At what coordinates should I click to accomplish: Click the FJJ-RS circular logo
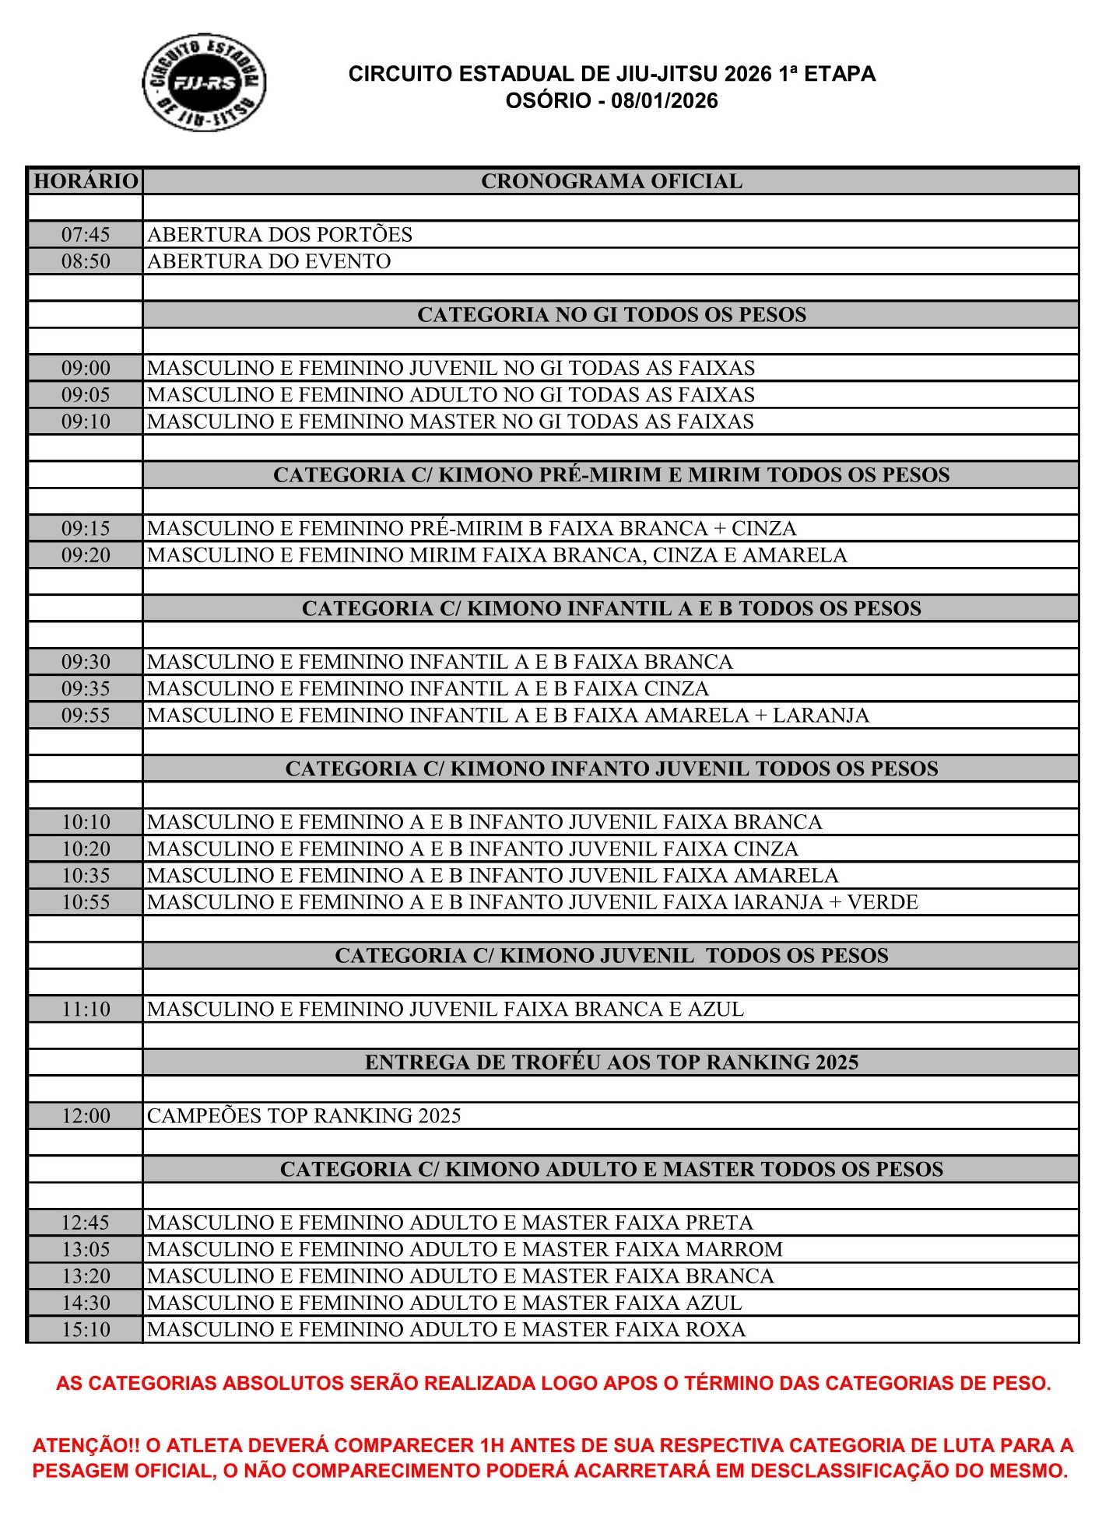point(205,82)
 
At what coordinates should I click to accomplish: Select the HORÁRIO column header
point(86,181)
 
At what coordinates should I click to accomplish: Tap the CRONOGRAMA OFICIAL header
point(611,181)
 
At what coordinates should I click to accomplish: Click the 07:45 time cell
point(86,234)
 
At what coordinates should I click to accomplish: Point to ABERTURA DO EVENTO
point(269,261)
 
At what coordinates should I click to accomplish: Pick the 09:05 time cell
point(86,395)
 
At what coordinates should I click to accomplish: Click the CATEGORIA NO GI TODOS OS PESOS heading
point(611,314)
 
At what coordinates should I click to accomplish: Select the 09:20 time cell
point(86,555)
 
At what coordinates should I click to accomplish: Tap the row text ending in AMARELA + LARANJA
point(508,716)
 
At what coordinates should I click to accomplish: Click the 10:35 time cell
point(86,876)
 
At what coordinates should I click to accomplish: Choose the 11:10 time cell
point(86,1010)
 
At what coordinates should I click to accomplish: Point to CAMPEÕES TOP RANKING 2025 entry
point(304,1116)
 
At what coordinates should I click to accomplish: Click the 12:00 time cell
point(86,1116)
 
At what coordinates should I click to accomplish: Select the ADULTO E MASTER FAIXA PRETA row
point(450,1223)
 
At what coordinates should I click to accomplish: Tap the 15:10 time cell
point(86,1330)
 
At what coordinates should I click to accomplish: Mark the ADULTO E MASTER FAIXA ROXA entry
point(446,1330)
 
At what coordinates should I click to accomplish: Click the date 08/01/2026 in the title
point(665,101)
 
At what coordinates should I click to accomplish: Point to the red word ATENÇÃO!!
point(86,1446)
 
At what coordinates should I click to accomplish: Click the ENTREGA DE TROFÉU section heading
point(611,1062)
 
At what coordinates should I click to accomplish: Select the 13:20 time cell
point(86,1276)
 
